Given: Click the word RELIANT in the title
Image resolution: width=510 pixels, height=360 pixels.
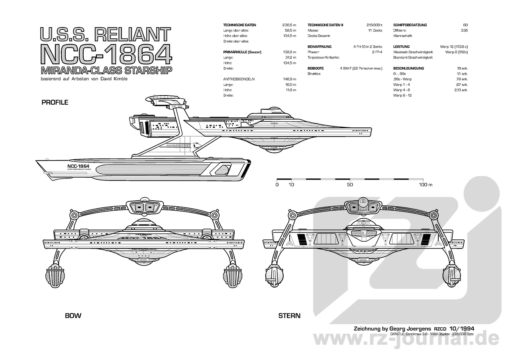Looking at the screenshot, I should click(x=137, y=35).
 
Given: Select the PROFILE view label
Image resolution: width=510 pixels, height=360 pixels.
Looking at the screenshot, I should click(x=55, y=102).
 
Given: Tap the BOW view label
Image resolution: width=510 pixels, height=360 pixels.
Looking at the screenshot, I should click(x=73, y=316).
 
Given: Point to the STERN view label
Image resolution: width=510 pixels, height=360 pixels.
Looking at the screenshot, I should click(x=289, y=316).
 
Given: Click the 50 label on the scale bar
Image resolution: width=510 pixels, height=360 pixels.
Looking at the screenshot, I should click(x=349, y=185).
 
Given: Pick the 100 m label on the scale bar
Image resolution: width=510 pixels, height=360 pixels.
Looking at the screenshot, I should click(x=425, y=185).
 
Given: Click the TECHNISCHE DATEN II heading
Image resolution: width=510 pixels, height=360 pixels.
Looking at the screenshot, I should click(x=325, y=25).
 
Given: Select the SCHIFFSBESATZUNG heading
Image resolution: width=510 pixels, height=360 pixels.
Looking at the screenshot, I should click(x=410, y=25).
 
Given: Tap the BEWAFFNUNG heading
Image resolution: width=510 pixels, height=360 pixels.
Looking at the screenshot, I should click(x=320, y=47).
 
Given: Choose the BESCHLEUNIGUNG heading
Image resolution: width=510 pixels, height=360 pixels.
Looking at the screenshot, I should click(x=408, y=68).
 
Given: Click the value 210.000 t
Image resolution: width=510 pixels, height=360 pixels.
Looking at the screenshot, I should click(x=374, y=25).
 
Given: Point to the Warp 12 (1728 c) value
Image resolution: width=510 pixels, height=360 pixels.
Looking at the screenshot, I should click(x=453, y=47).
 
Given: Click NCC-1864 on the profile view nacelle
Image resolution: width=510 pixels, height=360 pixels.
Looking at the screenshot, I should click(x=78, y=166).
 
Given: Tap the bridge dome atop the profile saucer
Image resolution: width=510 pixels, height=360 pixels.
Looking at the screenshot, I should click(x=272, y=110).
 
